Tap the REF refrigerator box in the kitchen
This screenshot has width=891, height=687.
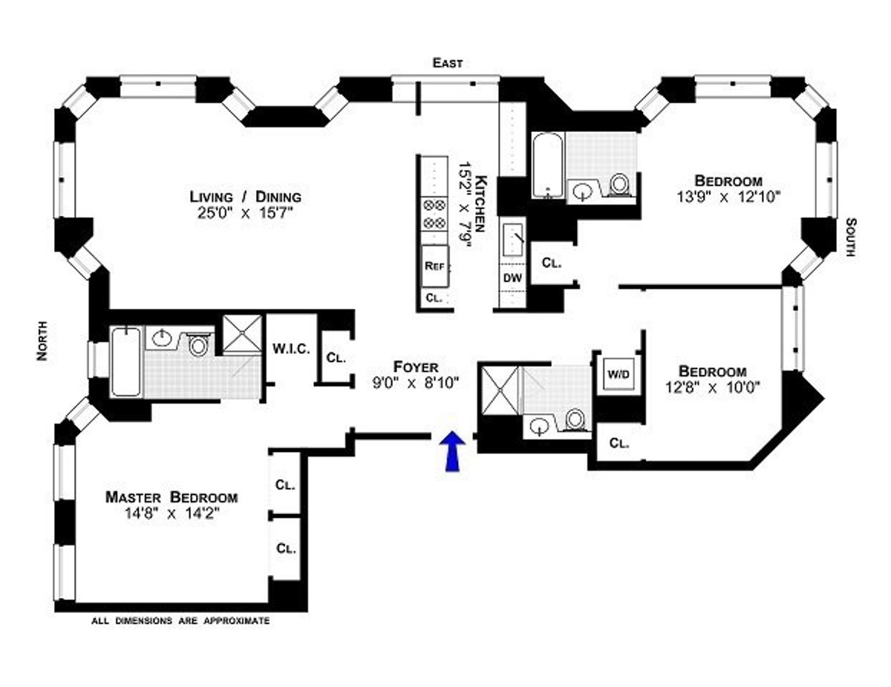434,266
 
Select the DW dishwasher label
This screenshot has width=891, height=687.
512,277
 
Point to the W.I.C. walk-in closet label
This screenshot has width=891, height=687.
290,349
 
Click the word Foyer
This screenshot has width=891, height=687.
416,367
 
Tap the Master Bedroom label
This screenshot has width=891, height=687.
171,497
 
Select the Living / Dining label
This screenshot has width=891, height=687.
245,197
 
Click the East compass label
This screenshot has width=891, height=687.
448,64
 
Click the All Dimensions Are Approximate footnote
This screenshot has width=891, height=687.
180,620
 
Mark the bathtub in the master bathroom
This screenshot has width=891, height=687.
125,361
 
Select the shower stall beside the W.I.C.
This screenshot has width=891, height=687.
244,333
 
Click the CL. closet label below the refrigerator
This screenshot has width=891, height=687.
434,298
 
